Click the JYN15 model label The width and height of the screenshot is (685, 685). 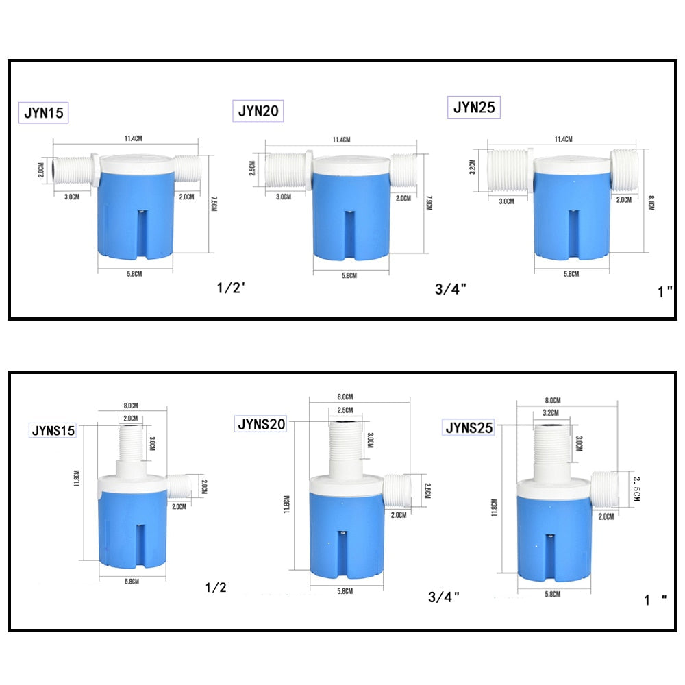pos(44,113)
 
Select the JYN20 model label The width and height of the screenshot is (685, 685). pos(260,111)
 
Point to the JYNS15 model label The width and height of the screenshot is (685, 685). pos(53,431)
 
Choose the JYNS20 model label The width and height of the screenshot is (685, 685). pos(261,424)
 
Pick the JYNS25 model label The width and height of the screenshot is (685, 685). pos(469,428)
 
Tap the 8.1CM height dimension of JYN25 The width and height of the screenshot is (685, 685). pos(651,204)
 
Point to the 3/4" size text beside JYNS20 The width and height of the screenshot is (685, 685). pos(443,597)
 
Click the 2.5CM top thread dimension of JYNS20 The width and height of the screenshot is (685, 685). pos(345,410)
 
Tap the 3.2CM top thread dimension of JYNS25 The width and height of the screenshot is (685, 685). pos(551,413)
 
